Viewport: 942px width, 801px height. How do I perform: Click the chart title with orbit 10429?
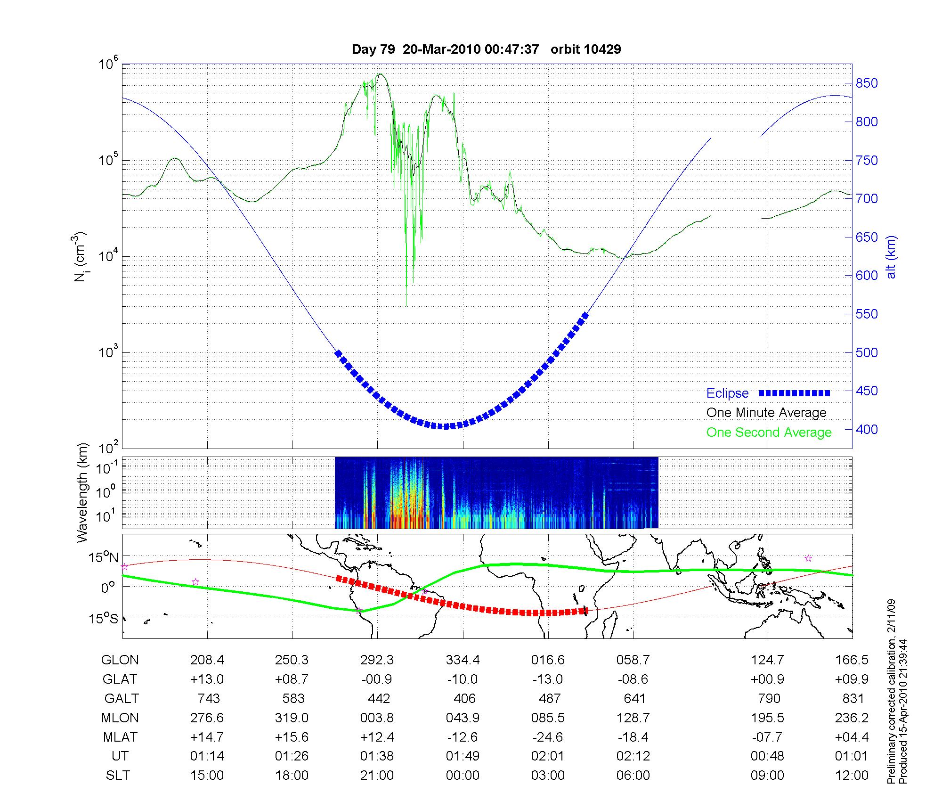(x=486, y=49)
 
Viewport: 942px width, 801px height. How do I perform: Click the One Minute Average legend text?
(x=766, y=413)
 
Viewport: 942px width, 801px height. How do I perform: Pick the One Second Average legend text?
(x=769, y=433)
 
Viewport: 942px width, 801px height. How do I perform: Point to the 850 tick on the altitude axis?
(x=867, y=83)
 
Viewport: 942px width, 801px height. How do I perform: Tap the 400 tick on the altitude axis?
(x=867, y=430)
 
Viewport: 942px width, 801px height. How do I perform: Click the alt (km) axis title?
(x=891, y=257)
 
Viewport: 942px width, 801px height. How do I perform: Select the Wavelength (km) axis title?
(x=83, y=493)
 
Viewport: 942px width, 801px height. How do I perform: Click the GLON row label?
(x=120, y=660)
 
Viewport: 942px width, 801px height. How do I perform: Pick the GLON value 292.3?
(x=377, y=660)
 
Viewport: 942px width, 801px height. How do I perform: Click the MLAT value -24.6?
(x=548, y=737)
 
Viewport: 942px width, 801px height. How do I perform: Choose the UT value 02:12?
(x=633, y=756)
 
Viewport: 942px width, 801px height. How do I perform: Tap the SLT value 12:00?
(x=851, y=776)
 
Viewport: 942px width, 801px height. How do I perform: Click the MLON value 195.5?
(x=768, y=718)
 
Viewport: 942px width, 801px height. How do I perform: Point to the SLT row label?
(x=118, y=776)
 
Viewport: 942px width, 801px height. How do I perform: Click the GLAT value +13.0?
(x=207, y=679)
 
